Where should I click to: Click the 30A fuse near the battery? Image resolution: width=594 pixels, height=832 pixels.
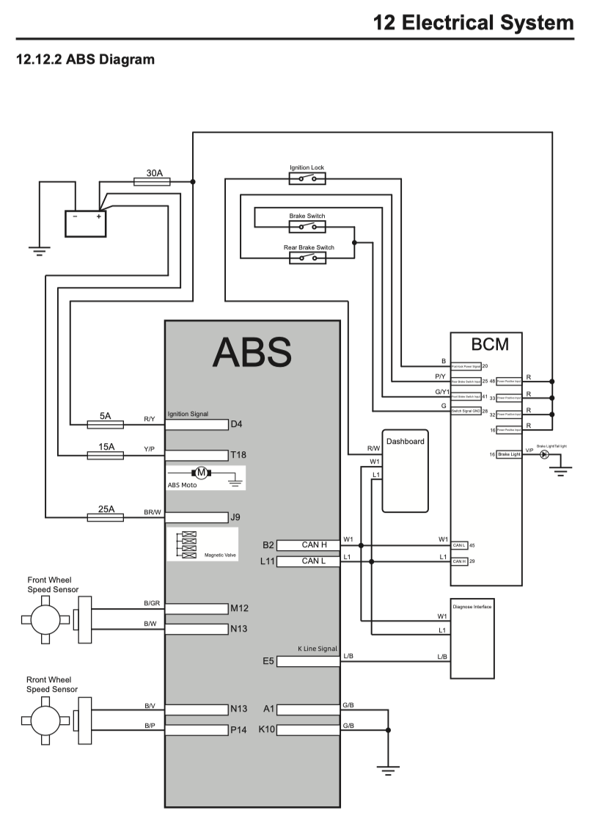(153, 182)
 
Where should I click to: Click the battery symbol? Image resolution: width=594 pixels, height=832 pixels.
(86, 222)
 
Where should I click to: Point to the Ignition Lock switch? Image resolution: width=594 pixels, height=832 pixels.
(307, 178)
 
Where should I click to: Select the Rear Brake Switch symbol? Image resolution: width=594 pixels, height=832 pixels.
(308, 258)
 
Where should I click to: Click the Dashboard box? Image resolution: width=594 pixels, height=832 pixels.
(405, 470)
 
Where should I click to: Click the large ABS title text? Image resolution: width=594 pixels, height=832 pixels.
(252, 352)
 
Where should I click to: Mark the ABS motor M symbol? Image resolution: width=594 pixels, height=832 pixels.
(199, 473)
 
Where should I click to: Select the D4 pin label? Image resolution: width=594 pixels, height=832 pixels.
(236, 424)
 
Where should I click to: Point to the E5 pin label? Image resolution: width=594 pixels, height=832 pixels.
(268, 661)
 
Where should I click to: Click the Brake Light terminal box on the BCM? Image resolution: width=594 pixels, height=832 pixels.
(509, 455)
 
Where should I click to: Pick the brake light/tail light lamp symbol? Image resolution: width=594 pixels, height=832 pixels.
(544, 455)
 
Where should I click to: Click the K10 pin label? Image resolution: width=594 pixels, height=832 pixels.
(267, 730)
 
